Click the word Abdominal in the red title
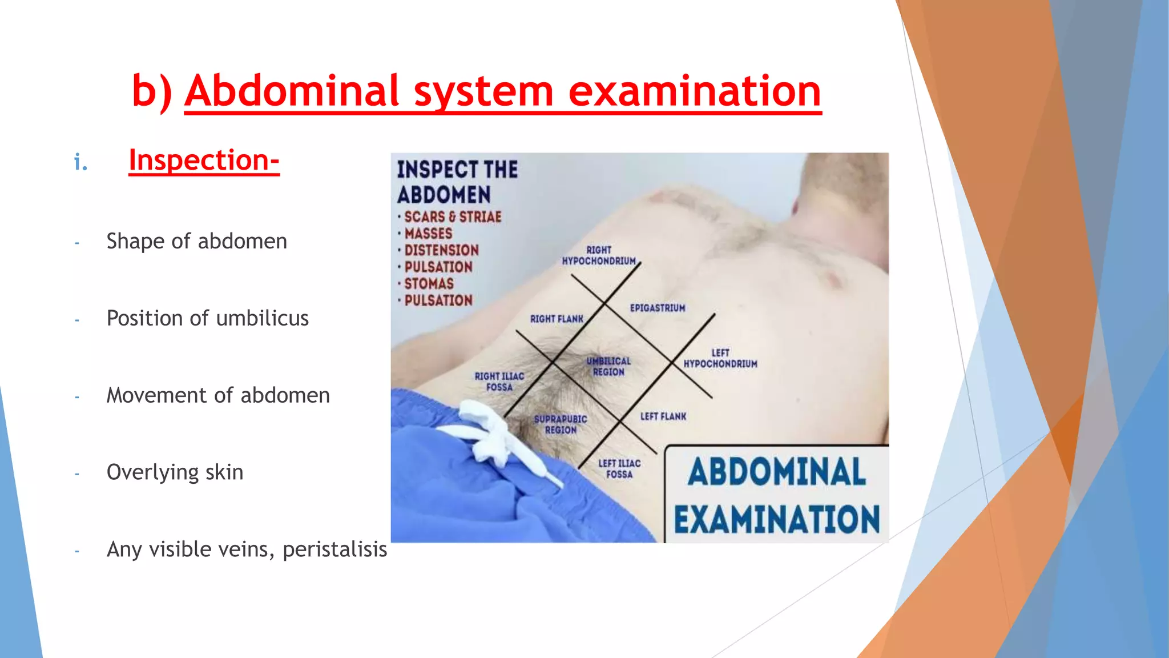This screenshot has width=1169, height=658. (291, 91)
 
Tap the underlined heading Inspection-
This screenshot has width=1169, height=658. (204, 161)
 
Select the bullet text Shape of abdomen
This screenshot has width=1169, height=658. (196, 241)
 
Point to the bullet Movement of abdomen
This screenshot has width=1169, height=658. (218, 395)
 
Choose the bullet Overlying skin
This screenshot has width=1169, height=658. (175, 472)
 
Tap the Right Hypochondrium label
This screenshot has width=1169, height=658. (599, 255)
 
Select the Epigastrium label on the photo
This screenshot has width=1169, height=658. (658, 308)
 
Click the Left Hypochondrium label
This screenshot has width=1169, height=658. (720, 359)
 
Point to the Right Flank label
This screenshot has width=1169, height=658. (557, 319)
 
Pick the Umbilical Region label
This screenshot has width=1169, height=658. (608, 367)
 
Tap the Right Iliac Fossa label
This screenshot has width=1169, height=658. (499, 382)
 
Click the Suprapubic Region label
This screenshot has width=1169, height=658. (561, 424)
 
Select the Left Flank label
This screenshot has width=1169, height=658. (663, 416)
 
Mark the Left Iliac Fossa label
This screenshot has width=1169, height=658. (619, 469)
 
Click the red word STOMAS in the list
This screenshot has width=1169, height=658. (429, 284)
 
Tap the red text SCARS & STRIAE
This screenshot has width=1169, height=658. (453, 217)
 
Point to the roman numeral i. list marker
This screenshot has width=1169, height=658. (81, 163)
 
